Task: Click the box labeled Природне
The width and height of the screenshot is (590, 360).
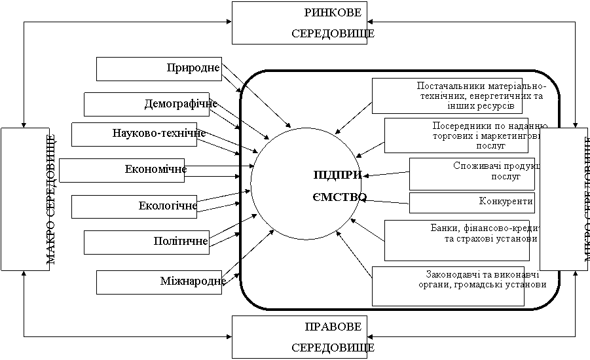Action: [x=159, y=69]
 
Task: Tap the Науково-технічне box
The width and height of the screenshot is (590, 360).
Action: [x=134, y=134]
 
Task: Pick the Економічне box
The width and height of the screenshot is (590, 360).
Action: [x=122, y=170]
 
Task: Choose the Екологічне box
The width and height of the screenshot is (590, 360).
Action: [x=134, y=206]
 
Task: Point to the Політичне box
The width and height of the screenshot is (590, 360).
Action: [x=147, y=242]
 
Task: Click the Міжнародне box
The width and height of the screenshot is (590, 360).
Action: [x=159, y=282]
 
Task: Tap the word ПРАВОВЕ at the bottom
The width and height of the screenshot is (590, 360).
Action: [x=334, y=327]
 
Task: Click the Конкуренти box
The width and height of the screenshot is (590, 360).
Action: [x=471, y=202]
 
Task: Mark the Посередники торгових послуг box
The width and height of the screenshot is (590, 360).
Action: [x=465, y=135]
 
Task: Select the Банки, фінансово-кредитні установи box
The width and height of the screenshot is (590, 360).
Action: [x=462, y=240]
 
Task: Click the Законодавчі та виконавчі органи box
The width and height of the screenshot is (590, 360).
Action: [x=449, y=285]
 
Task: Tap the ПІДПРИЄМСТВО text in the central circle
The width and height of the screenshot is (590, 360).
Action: [x=339, y=185]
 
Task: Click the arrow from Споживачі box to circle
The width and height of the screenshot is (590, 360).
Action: [x=386, y=173]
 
